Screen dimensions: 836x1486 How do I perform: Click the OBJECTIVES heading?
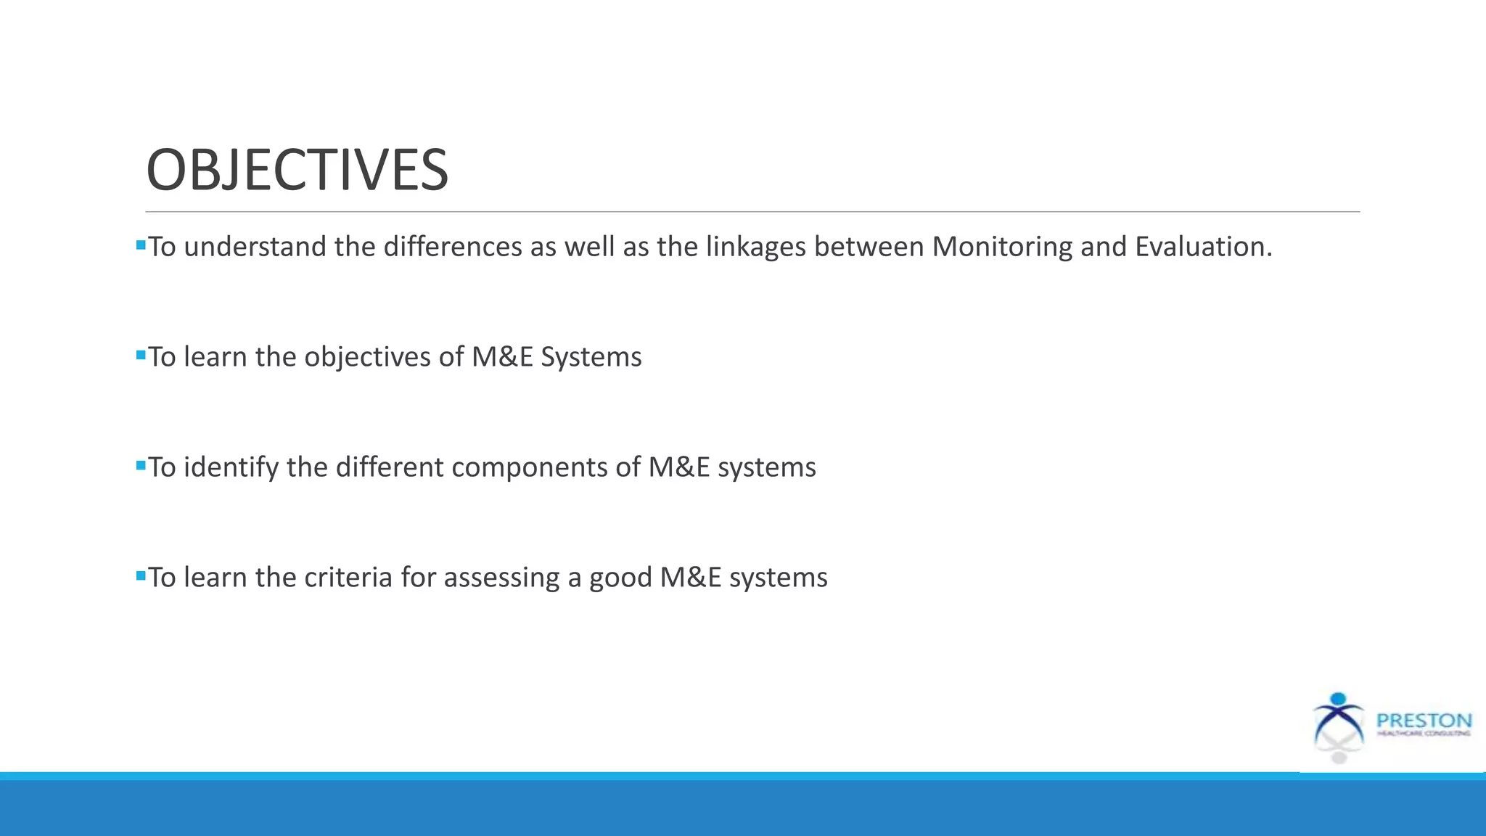pyautogui.click(x=297, y=170)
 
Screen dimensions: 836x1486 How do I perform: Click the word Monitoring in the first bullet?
pyautogui.click(x=1002, y=247)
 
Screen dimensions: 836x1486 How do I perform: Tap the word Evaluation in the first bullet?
pyautogui.click(x=1202, y=247)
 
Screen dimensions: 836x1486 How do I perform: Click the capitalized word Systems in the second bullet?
pyautogui.click(x=591, y=357)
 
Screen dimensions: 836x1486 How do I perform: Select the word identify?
pyautogui.click(x=231, y=467)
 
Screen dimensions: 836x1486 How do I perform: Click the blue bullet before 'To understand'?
pyautogui.click(x=141, y=245)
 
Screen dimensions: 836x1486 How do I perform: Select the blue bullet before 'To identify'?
pyautogui.click(x=141, y=466)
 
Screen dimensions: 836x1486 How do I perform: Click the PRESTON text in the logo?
pyautogui.click(x=1424, y=721)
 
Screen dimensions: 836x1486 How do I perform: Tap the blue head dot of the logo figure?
pyautogui.click(x=1339, y=700)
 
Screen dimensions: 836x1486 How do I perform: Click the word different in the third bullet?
pyautogui.click(x=389, y=467)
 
